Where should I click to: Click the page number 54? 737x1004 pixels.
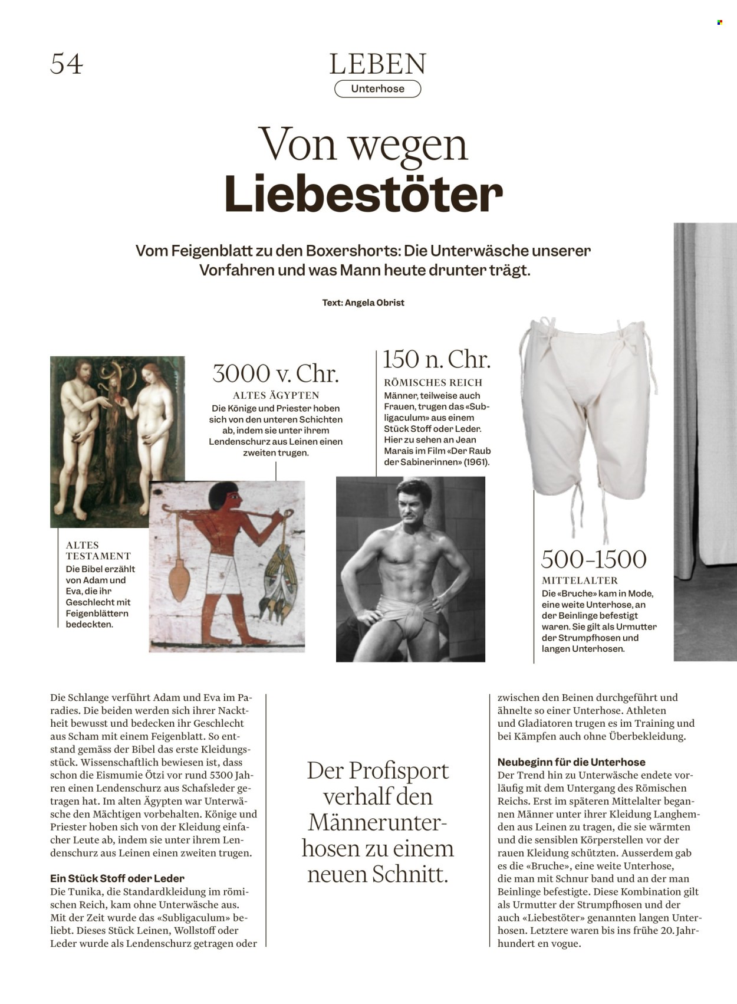pos(67,64)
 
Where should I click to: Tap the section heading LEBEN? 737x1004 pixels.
pos(377,64)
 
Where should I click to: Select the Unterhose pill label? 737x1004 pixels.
pos(377,89)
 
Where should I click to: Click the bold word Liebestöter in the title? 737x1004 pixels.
pos(363,194)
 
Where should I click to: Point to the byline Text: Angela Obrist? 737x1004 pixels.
pos(363,303)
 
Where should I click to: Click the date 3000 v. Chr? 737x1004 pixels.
pos(275,373)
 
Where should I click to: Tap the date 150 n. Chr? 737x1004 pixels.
pos(436,359)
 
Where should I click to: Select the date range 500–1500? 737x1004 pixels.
pos(594,559)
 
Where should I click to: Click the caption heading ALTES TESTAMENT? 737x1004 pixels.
pos(98,550)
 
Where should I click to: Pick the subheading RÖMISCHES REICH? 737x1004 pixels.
pos(433,382)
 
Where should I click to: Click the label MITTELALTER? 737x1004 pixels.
pos(580,580)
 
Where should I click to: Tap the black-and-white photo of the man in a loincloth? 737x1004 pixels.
pos(410,569)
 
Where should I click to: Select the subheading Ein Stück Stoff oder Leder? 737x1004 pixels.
pos(117,878)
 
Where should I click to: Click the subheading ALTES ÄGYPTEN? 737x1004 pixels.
pos(275,395)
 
